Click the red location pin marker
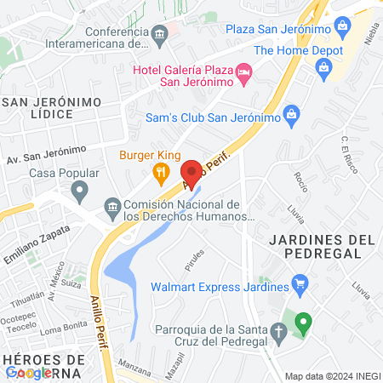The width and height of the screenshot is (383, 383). coord(192,174)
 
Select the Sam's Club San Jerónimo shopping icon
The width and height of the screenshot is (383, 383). coord(291,113)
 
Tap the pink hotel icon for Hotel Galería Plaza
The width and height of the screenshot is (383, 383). coord(243,72)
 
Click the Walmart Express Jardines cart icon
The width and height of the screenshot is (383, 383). coord(299,283)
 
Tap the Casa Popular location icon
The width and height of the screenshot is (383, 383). coord(80,194)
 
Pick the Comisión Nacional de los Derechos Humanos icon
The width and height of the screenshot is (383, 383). coord(111,207)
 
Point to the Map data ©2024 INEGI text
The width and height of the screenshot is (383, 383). coord(332,376)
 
